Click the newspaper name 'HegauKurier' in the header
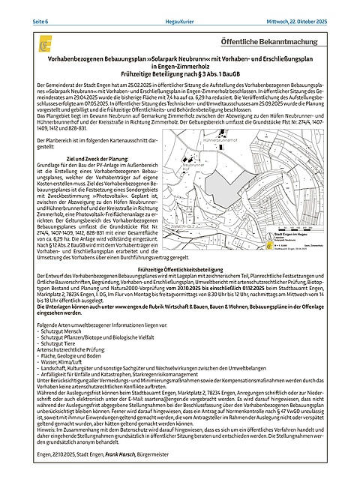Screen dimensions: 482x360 point(178,7)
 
